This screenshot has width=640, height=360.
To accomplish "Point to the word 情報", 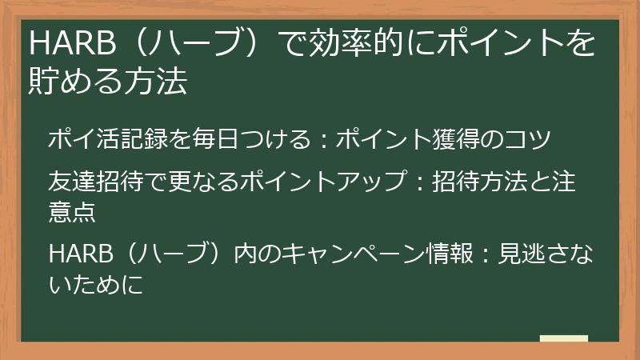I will click(x=456, y=254).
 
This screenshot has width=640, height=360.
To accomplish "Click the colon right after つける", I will click(x=321, y=139).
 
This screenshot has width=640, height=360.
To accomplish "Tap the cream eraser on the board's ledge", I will click(x=564, y=339).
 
